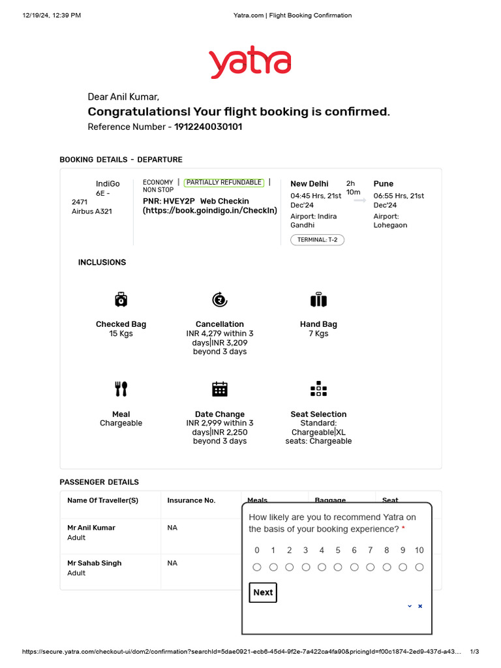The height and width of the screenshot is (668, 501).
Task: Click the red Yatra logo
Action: [250, 63]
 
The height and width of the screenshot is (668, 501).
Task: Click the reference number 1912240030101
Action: [208, 127]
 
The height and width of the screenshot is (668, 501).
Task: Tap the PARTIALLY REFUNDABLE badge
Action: [224, 183]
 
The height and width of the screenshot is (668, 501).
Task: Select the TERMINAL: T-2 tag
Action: [317, 239]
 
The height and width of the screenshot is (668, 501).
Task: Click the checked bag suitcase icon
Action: [121, 299]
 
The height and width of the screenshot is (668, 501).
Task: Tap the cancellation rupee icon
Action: [220, 299]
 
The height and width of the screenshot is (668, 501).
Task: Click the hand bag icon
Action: [318, 300]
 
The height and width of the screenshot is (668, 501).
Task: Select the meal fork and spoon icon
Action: [121, 389]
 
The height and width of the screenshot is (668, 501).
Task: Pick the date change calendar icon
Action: [220, 389]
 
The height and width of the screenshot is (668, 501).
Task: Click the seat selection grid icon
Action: [318, 389]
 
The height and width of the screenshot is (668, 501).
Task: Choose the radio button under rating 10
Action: [419, 567]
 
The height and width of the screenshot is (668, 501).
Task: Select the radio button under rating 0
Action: [257, 567]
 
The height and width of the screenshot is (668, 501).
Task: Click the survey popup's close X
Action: [420, 606]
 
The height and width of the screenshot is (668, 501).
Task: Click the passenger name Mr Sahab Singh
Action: [95, 563]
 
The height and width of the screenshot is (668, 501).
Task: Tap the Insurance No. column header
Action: [191, 500]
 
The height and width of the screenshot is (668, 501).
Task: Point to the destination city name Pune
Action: [384, 184]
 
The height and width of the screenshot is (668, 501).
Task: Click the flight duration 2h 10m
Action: [352, 188]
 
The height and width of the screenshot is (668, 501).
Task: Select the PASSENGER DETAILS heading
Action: [99, 482]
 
